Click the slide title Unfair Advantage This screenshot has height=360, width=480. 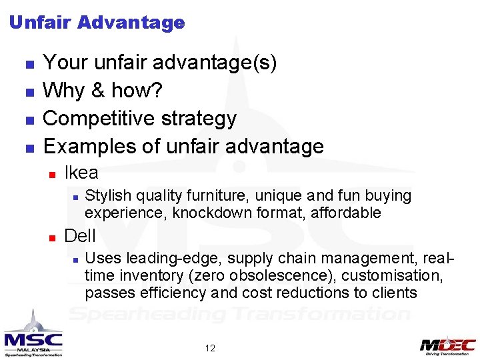click(x=97, y=23)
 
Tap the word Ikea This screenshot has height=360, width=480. click(x=81, y=173)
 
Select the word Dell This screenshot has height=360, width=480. click(x=80, y=236)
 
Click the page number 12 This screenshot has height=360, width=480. click(x=210, y=348)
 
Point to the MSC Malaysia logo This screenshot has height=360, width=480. click(x=33, y=337)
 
